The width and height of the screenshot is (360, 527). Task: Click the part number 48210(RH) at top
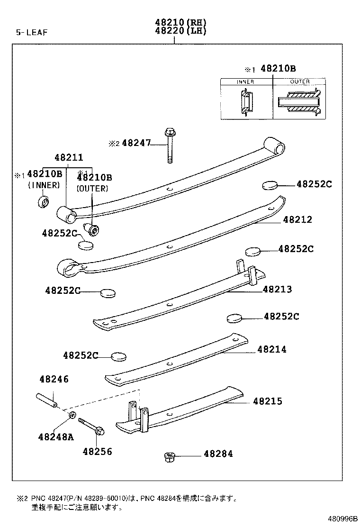[180, 22]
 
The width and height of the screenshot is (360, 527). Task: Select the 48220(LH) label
[180, 31]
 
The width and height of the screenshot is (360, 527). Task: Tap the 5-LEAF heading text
[33, 32]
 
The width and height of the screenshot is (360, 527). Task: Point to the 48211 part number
[68, 157]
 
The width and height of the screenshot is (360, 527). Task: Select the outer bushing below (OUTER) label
[93, 230]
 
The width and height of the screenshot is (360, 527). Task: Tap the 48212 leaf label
[297, 220]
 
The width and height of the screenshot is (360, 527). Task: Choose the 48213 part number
[277, 289]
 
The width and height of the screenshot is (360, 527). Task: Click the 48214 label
[272, 350]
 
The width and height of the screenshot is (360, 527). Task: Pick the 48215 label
[267, 401]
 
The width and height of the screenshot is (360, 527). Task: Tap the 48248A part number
[56, 436]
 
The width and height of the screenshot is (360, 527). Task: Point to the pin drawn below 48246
[46, 400]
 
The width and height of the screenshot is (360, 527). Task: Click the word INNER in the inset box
[245, 82]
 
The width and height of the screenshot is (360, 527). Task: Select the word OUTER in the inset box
[299, 82]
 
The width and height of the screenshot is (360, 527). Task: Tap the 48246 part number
[54, 379]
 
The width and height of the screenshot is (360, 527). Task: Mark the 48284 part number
[218, 454]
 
